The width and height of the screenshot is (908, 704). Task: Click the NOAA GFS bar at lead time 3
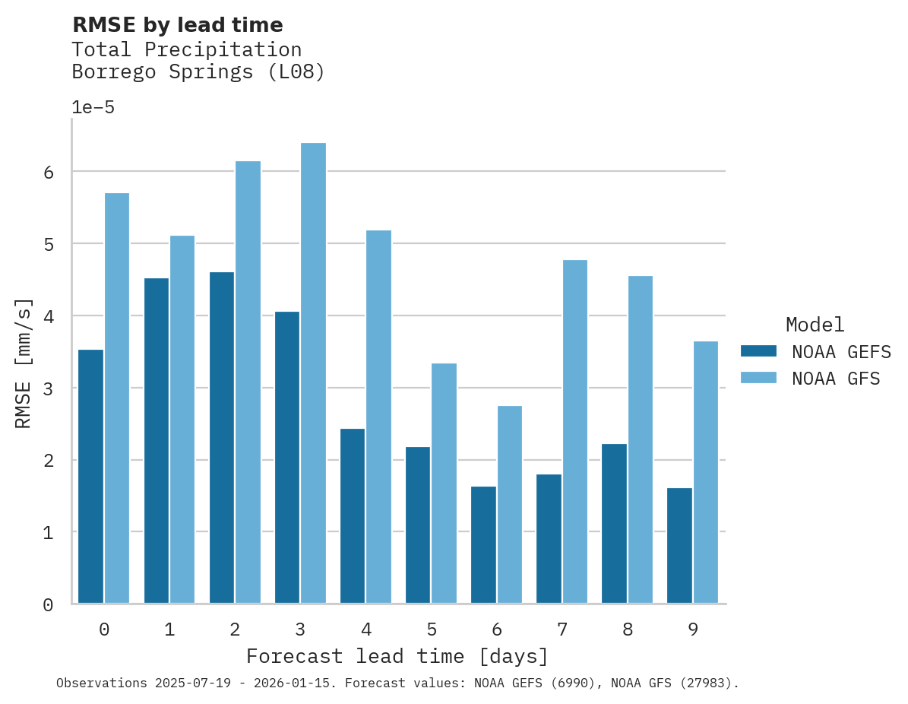point(313,373)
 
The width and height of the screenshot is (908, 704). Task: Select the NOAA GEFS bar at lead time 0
point(90,477)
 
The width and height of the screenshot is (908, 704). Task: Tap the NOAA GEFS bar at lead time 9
point(679,546)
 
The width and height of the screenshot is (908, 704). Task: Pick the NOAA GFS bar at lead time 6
point(509,505)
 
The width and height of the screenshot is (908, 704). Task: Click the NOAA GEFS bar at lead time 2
point(222,438)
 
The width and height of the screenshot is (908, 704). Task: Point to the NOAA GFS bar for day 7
point(574,432)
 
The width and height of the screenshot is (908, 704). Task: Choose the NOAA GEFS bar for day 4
point(353,516)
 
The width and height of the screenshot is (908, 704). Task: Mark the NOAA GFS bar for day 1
point(182,420)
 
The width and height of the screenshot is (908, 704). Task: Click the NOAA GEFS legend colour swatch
point(758,350)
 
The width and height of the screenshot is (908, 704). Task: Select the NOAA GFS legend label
point(836,379)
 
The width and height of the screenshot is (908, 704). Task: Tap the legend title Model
point(815,325)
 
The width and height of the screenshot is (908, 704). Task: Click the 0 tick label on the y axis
point(48,605)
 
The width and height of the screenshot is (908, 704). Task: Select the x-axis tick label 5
point(432,629)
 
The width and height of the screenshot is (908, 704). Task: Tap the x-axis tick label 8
point(628,629)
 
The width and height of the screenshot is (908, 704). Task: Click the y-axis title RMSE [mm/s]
point(24,363)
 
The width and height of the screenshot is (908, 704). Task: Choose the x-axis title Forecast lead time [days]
point(397,656)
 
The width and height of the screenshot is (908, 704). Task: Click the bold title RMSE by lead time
point(177,25)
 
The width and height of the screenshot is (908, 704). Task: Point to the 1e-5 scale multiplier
point(93,107)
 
